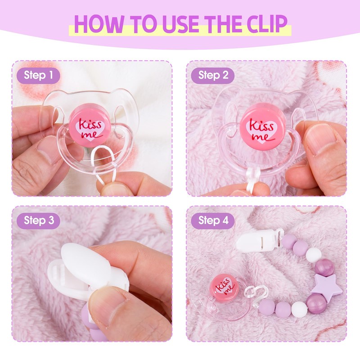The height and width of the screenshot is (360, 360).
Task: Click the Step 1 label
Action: [38, 76]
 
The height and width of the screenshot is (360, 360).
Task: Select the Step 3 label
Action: [38, 220]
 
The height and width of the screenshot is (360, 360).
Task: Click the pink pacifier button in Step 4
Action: [224, 286]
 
